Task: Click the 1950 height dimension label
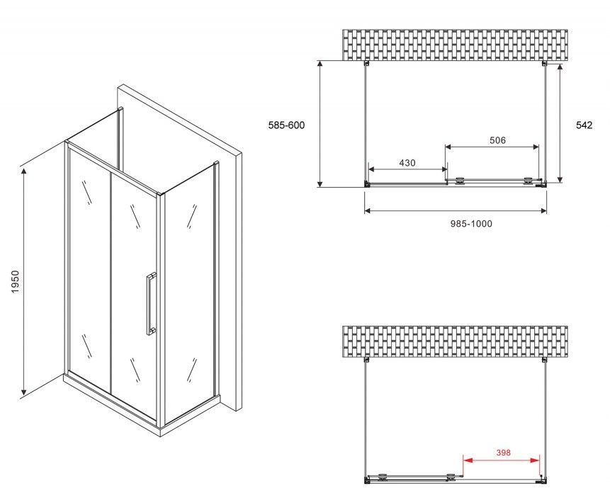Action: (15, 282)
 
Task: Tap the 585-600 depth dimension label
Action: (287, 125)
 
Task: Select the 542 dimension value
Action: (584, 125)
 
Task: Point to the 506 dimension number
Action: (497, 140)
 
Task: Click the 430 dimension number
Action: (407, 163)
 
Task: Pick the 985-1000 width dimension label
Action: (471, 224)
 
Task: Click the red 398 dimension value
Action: (503, 453)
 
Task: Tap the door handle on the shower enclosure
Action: (151, 303)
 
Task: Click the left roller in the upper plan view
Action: (461, 181)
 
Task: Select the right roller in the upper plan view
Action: (528, 181)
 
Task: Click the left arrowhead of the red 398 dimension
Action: (466, 460)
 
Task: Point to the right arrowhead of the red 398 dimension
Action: (536, 460)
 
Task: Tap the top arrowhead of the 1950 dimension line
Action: (24, 171)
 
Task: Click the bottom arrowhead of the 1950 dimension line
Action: (24, 390)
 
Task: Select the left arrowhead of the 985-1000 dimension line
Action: (368, 211)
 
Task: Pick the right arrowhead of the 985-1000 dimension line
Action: (543, 211)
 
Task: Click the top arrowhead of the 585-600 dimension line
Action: (320, 64)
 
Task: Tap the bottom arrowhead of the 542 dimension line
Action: (560, 179)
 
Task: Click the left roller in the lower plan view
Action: (383, 477)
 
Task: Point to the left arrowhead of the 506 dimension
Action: (448, 147)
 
